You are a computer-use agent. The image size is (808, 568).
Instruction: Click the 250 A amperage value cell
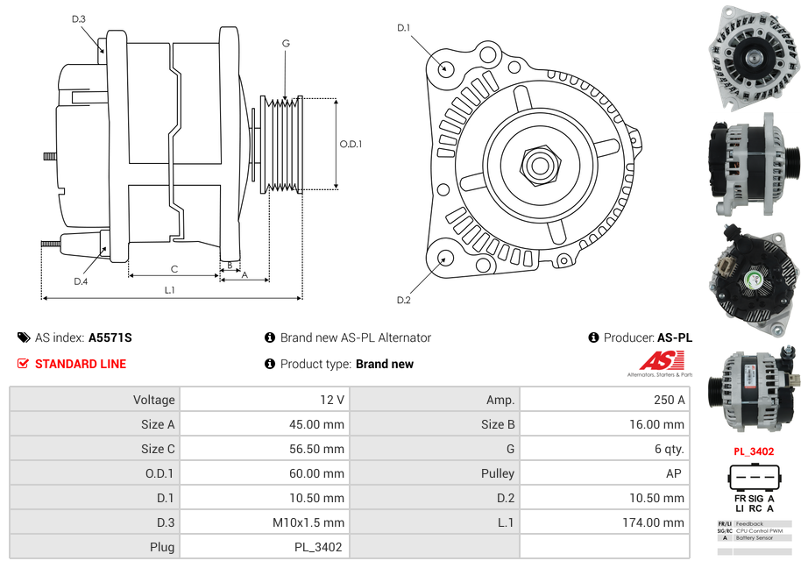pos(670,400)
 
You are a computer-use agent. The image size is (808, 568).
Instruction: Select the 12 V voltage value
pos(332,400)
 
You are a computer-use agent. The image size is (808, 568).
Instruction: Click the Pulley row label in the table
pos(498,473)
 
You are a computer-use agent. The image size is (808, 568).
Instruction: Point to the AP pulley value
pos(675,473)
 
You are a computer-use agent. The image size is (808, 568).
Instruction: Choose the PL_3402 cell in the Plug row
pos(318,547)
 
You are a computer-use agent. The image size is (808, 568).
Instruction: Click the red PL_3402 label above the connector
pos(754,452)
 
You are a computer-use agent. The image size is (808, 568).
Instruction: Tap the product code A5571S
pos(110,337)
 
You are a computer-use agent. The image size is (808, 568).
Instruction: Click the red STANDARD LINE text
pos(81,364)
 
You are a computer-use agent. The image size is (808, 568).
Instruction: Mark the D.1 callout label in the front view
pos(404,28)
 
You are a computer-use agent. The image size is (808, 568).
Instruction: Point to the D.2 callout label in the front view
pos(404,301)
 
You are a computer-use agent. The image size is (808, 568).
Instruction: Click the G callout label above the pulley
pos(286,44)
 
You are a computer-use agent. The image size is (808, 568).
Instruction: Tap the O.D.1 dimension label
pos(351,145)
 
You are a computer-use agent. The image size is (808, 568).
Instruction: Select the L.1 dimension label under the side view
pos(171,289)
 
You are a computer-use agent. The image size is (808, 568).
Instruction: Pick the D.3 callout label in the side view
pos(79,19)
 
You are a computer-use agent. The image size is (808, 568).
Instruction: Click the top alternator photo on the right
pos(753,58)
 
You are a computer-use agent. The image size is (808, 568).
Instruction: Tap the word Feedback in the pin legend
pos(750,523)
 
